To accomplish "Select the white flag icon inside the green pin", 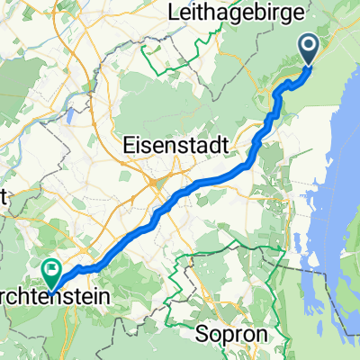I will [x=51, y=266].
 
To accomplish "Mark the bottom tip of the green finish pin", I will [x=50, y=286].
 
